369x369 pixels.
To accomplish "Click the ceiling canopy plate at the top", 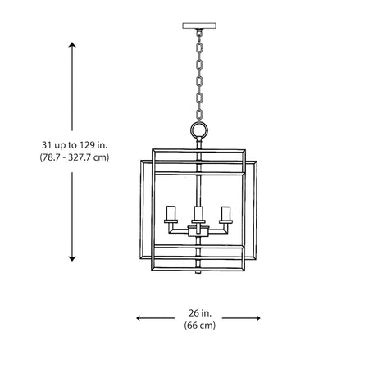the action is [199, 25].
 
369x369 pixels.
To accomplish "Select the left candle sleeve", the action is [171, 213].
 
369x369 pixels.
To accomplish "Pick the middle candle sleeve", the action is [198, 213].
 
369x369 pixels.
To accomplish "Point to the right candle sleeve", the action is [225, 213].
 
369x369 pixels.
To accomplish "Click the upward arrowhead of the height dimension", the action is [72, 45].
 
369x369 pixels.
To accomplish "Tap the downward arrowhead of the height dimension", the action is [72, 258].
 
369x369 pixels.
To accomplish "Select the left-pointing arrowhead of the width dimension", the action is [139, 318].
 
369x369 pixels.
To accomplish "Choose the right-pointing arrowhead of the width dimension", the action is [257, 318].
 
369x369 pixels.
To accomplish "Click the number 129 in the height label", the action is [87, 145].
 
